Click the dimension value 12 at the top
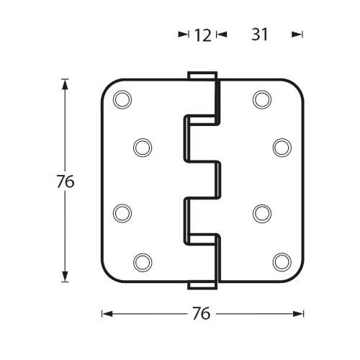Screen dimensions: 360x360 (202, 35)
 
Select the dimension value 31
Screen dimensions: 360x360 (260, 35)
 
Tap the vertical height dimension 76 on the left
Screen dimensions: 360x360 (66, 181)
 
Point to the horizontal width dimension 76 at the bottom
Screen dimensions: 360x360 (202, 313)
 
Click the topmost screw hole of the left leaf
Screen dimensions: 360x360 (123, 99)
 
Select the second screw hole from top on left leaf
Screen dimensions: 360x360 (143, 147)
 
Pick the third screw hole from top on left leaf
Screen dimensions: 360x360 (123, 212)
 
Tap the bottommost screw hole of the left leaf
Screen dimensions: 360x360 (143, 260)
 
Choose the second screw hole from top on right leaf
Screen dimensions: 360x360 (281, 147)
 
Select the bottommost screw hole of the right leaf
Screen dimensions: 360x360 (281, 260)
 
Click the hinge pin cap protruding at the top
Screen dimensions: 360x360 (202, 76)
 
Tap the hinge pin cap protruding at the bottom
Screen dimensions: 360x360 (202, 285)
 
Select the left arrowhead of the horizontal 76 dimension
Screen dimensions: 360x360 (106, 313)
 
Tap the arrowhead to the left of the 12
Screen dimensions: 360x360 (183, 34)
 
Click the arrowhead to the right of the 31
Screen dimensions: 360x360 (297, 34)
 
